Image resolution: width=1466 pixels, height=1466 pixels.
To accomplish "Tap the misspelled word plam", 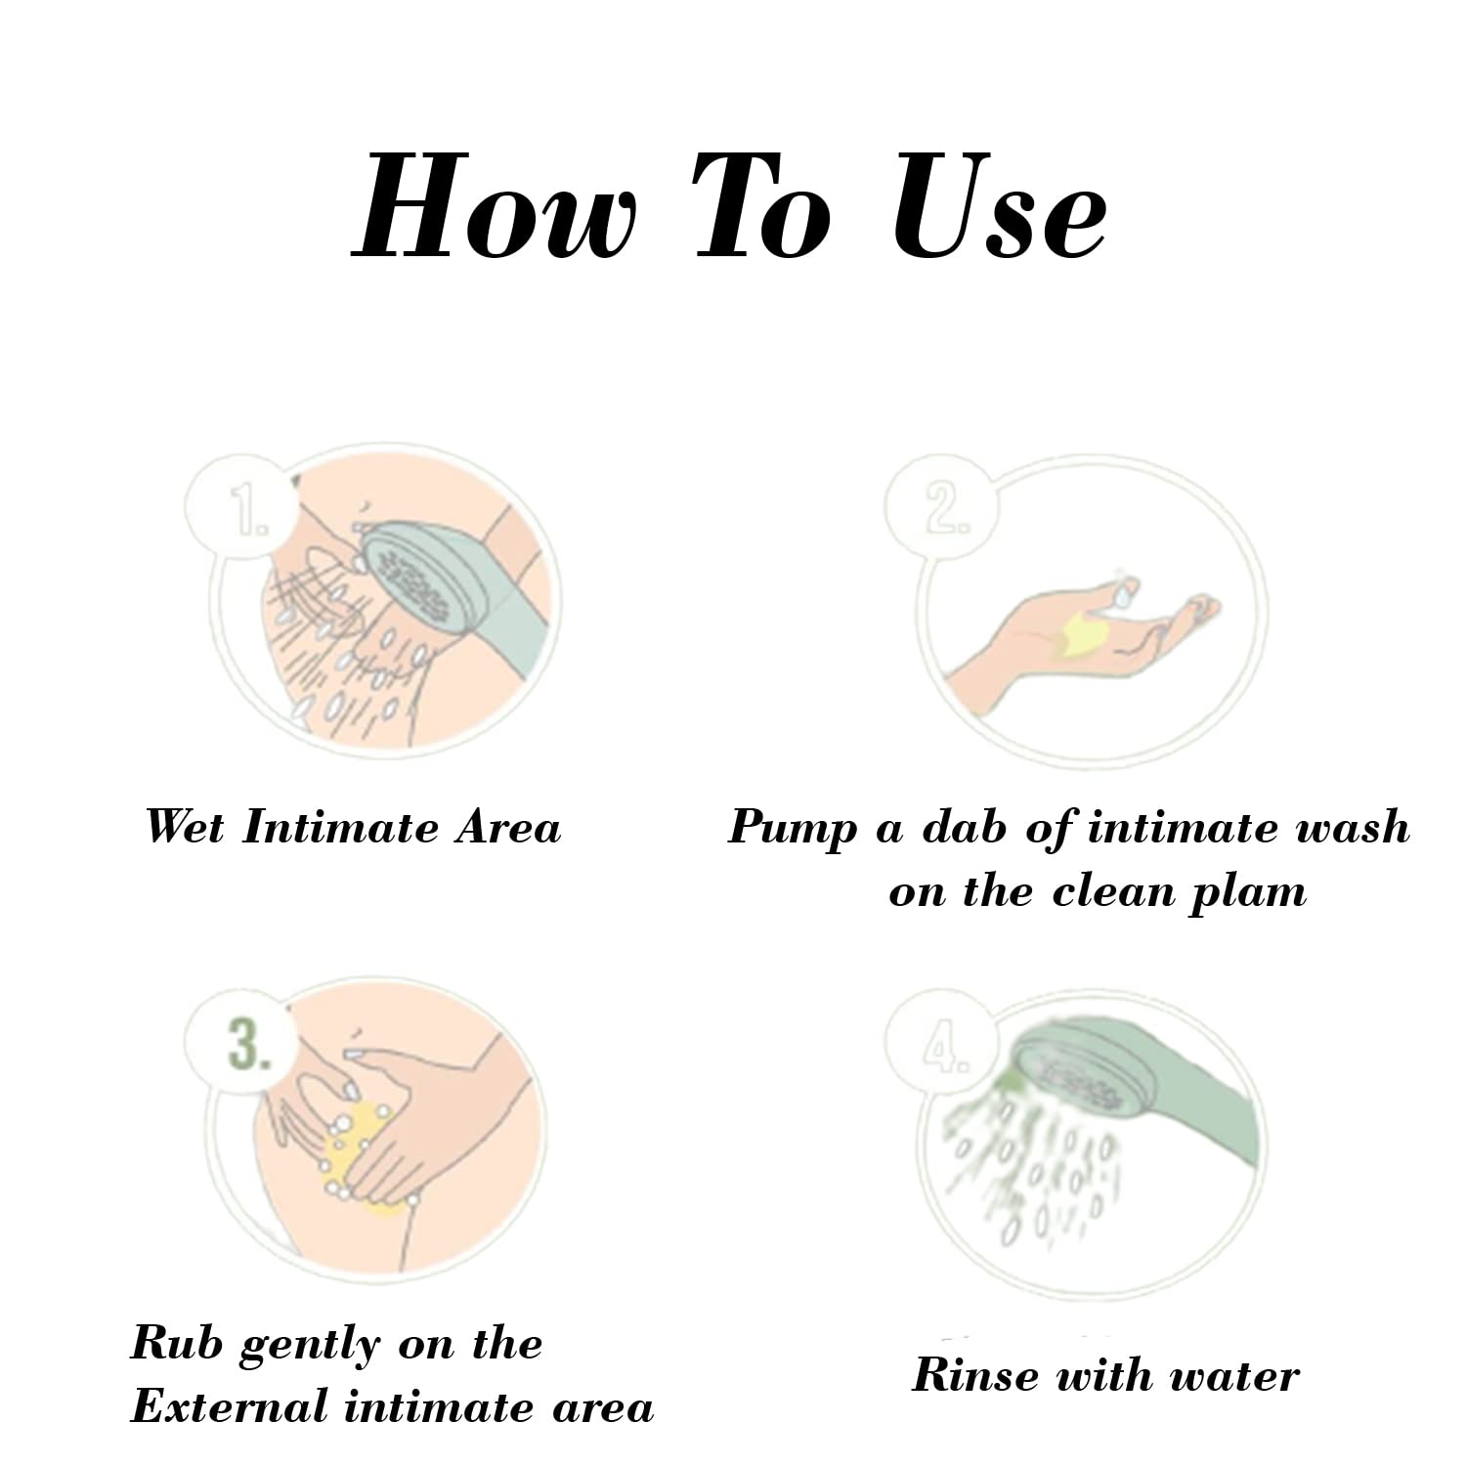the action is point(1247,894).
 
